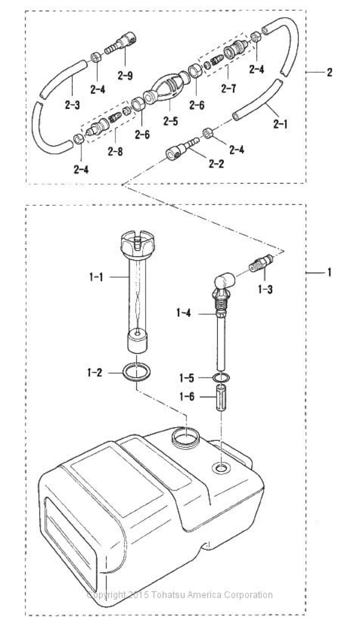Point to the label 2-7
click(229, 88)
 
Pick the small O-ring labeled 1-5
click(221, 377)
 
